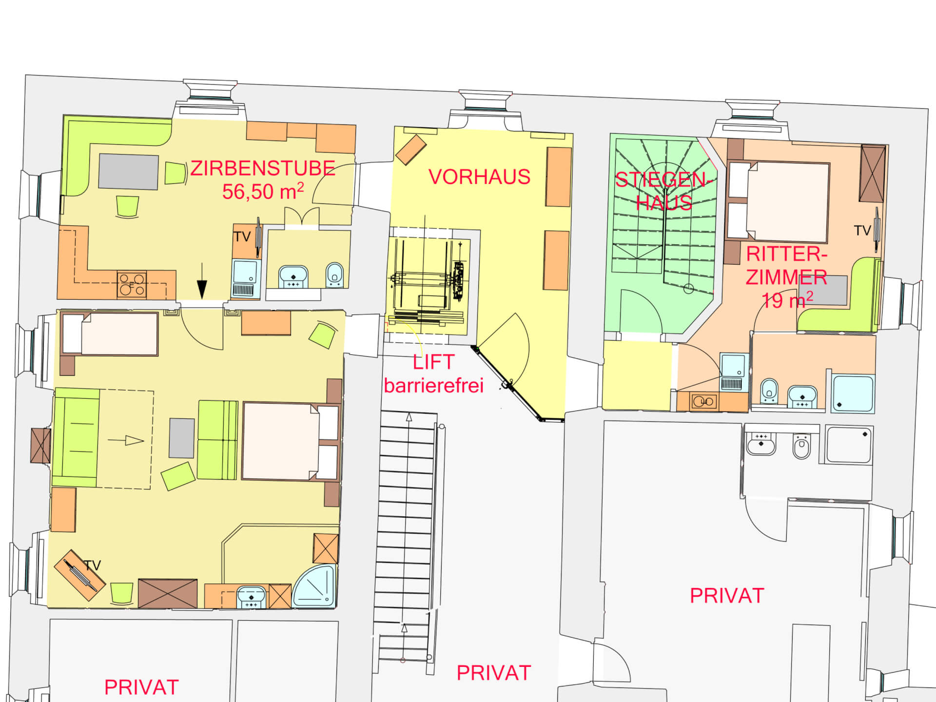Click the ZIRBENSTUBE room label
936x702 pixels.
pyautogui.click(x=262, y=169)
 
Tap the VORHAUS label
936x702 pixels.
pyautogui.click(x=479, y=177)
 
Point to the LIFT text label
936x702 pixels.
pyautogui.click(x=434, y=362)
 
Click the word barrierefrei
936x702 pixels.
pyautogui.click(x=434, y=386)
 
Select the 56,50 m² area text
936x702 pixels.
pyautogui.click(x=263, y=191)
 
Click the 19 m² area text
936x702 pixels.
pyautogui.click(x=787, y=300)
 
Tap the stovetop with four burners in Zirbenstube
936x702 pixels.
pyautogui.click(x=132, y=285)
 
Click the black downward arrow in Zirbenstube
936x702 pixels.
pyautogui.click(x=202, y=281)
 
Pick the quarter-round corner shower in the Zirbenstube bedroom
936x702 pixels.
pyautogui.click(x=315, y=585)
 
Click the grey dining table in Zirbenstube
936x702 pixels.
pyautogui.click(x=128, y=172)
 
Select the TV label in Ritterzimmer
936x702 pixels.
pyautogui.click(x=862, y=231)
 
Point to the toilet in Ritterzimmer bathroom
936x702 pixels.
pyautogui.click(x=769, y=390)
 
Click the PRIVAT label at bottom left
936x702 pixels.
pyautogui.click(x=141, y=687)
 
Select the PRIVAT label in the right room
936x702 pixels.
pyautogui.click(x=727, y=596)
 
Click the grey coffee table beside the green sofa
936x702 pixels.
pyautogui.click(x=182, y=438)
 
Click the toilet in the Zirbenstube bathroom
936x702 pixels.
pyautogui.click(x=334, y=275)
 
